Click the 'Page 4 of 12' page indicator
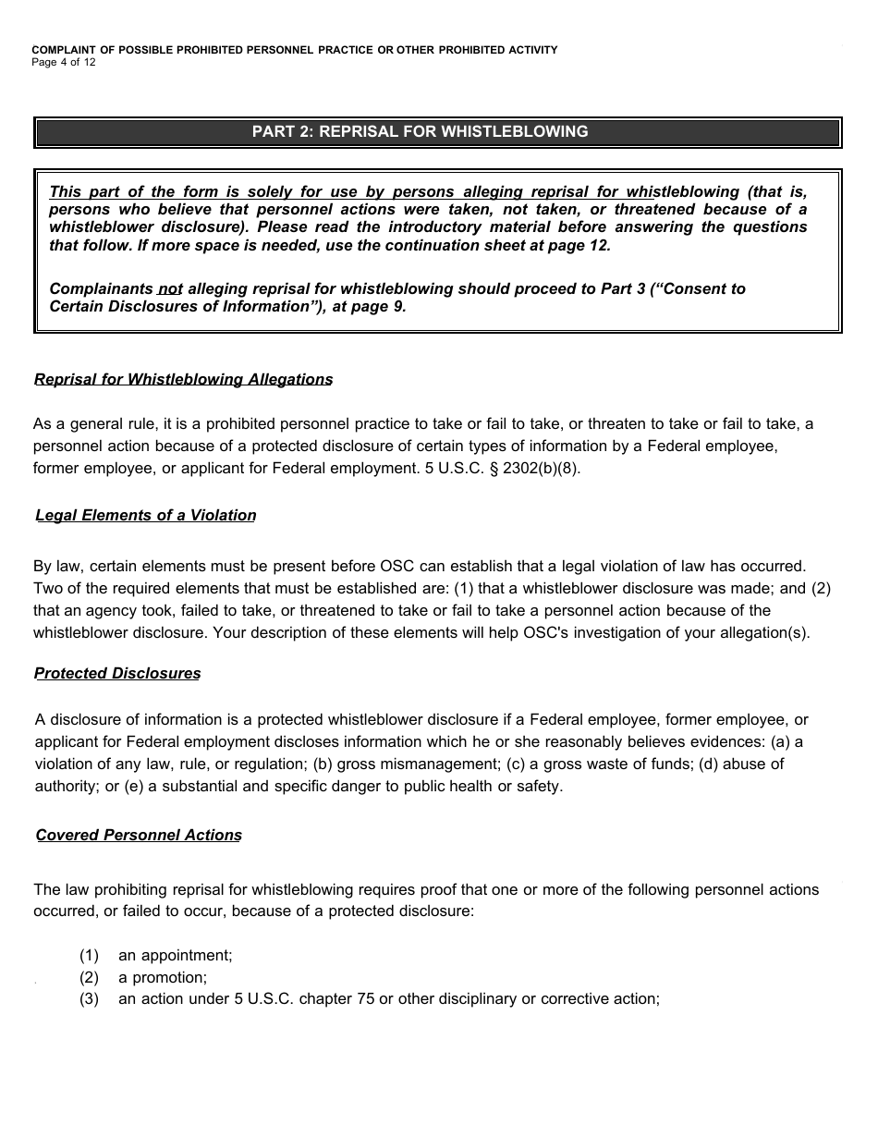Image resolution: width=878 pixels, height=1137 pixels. [64, 63]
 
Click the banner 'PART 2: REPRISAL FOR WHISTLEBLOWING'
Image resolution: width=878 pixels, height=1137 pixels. [420, 131]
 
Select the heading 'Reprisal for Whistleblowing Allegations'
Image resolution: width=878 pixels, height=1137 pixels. [183, 380]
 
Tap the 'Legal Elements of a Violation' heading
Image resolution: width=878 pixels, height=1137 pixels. [145, 516]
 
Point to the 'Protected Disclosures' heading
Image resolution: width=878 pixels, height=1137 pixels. [117, 674]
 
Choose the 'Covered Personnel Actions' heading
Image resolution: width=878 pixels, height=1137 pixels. [139, 836]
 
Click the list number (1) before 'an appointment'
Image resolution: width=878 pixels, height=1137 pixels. [89, 955]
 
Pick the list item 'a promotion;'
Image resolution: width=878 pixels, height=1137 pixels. [163, 977]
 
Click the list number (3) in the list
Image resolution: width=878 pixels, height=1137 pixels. [89, 999]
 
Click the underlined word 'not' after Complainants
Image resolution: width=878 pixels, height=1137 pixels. [170, 289]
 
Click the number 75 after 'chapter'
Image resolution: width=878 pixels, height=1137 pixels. [366, 999]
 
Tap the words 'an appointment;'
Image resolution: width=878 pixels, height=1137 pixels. [176, 955]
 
